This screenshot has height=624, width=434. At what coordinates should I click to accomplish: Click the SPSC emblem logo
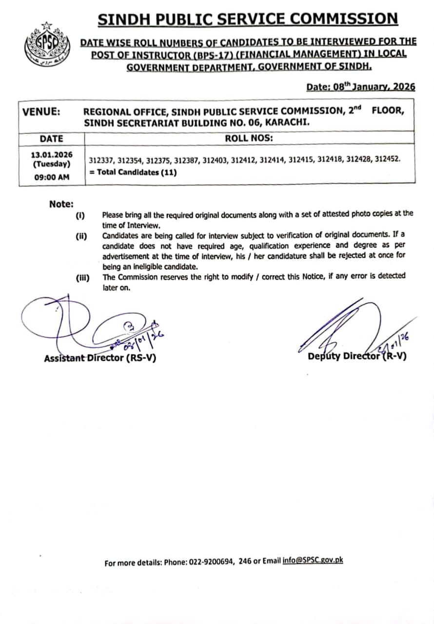click(42, 44)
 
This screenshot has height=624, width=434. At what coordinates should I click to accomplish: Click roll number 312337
click(101, 160)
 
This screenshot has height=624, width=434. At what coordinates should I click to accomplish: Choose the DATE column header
click(51, 138)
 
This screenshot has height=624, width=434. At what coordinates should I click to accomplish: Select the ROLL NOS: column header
click(249, 138)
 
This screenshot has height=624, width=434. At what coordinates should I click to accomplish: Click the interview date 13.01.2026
click(51, 155)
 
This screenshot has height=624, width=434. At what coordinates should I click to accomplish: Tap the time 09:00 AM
click(51, 177)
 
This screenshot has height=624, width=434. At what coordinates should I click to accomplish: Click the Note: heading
click(61, 204)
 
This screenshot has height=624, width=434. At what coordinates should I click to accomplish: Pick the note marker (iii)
click(82, 277)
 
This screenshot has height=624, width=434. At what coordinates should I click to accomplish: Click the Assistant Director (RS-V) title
click(100, 358)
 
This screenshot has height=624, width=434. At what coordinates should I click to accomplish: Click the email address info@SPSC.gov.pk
click(313, 561)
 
